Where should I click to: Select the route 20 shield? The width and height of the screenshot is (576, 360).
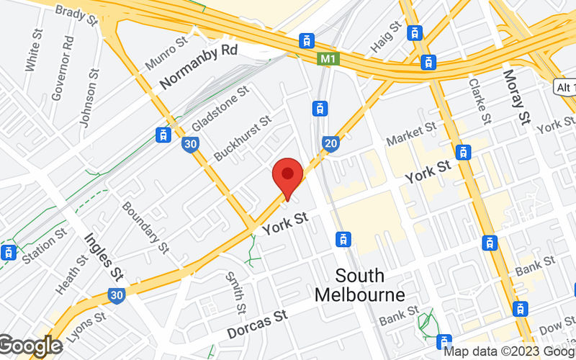coord(330,143)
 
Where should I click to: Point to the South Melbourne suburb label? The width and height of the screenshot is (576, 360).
coord(360,285)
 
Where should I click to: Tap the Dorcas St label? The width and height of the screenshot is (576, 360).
coord(257,323)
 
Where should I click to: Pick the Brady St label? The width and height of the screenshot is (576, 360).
coord(76,14)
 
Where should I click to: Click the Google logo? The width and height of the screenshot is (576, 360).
coord(30,346)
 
